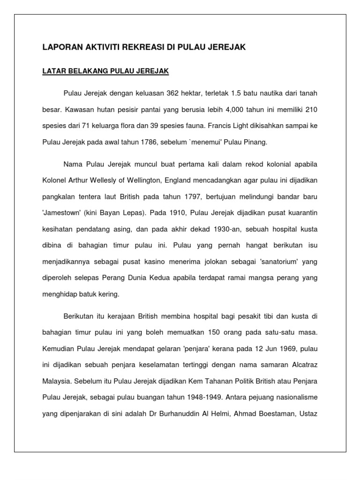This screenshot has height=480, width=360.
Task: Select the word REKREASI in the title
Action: click(x=141, y=47)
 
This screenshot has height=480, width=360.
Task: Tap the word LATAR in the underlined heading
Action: click(x=52, y=72)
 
